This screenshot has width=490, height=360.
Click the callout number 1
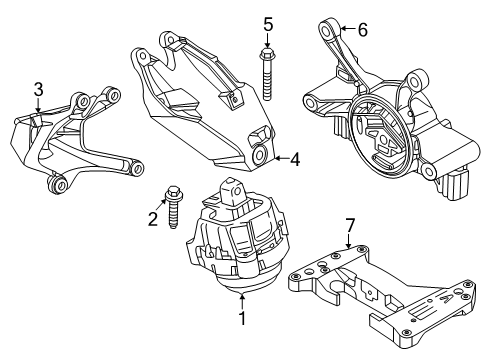tap(242, 318)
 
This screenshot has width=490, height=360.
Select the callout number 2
tap(153, 219)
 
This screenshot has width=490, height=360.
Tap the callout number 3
tap(39, 90)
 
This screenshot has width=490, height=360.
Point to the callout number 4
tap(295, 159)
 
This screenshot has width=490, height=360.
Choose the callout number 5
tap(268, 25)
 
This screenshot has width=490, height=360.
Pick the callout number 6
tap(363, 30)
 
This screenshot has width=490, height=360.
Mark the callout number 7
tap(350, 226)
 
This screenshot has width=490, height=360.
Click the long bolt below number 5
tap(267, 74)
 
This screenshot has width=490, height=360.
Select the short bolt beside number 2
tap(173, 207)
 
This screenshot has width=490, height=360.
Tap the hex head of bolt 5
tap(267, 53)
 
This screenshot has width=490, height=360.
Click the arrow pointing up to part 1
tap(242, 300)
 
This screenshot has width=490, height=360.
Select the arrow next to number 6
tap(348, 29)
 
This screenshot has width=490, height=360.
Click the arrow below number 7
tap(349, 241)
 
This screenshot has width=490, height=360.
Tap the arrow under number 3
tap(38, 105)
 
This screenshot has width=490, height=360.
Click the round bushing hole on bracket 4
tap(259, 154)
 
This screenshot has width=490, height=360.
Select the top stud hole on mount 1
tap(237, 191)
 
